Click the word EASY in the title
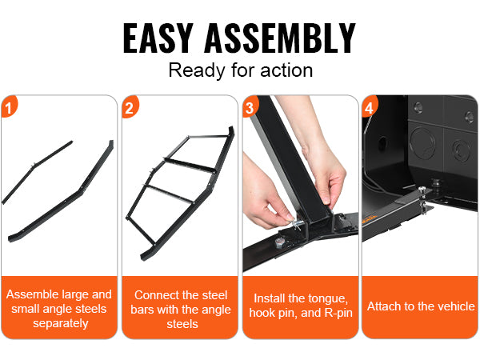tap(158, 38)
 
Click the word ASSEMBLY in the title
tap(280, 38)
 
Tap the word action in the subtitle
tap(286, 70)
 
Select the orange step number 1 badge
tap(9, 106)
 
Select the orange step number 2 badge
tap(130, 106)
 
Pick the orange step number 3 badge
tap(250, 106)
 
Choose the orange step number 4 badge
tap(370, 106)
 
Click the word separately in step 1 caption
tap(61, 323)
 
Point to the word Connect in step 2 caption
tap(155, 295)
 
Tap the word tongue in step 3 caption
tap(328, 298)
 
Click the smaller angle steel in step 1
tap(37, 172)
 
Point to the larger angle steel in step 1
tap(62, 191)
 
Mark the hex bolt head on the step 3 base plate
tap(279, 242)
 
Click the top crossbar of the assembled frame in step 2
tap(208, 136)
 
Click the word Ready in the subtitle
tap(197, 70)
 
